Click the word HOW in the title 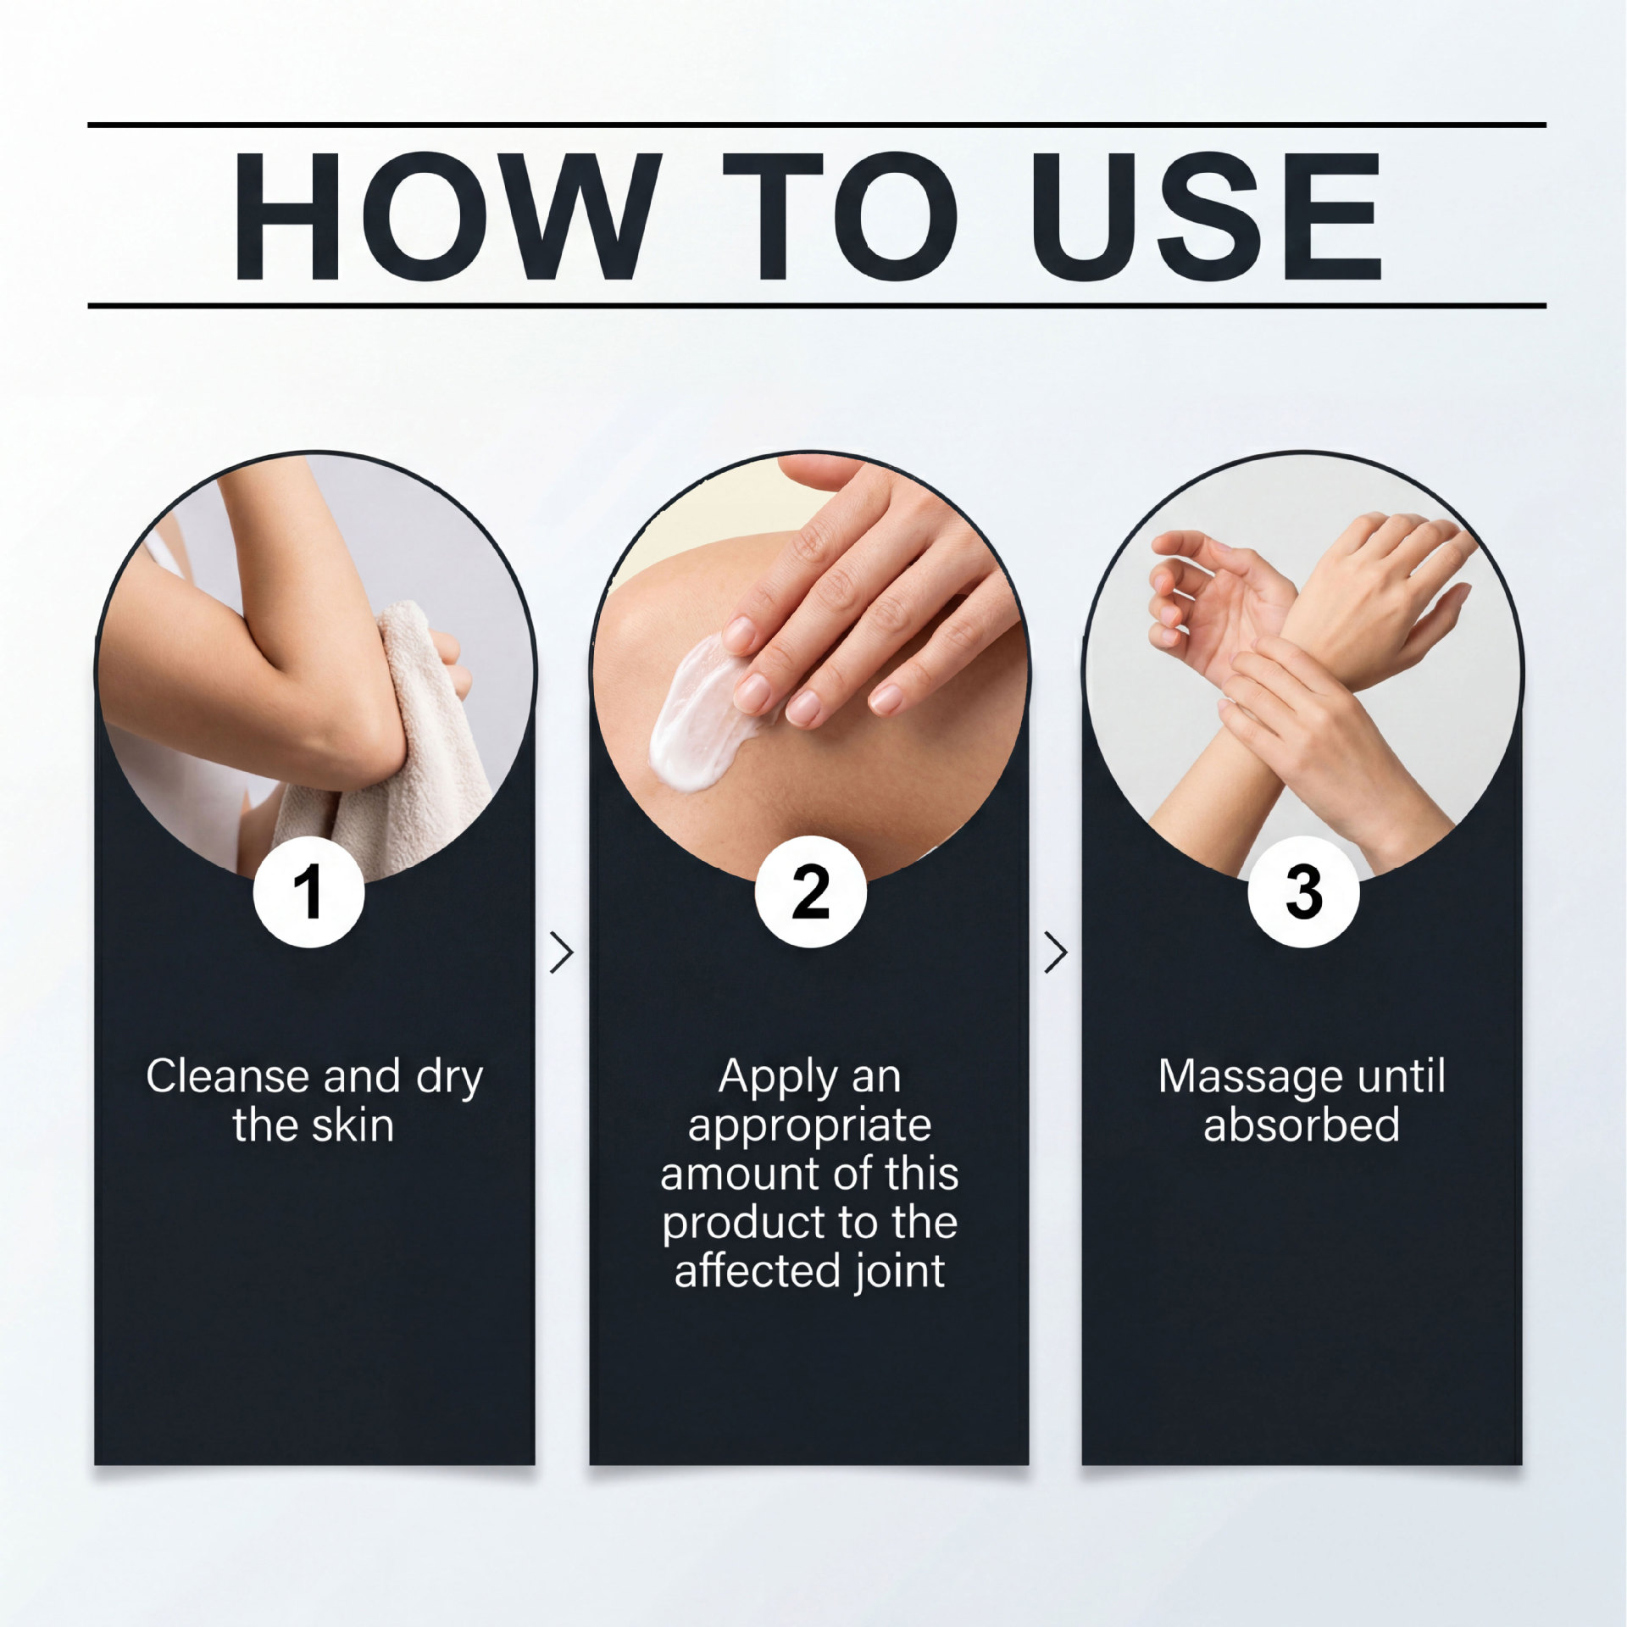(446, 217)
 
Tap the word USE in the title (1207, 217)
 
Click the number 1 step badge (309, 891)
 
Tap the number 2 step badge (811, 891)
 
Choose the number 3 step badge (1303, 891)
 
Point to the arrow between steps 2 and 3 (1056, 952)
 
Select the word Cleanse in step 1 (227, 1076)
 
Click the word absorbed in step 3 (1302, 1125)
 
